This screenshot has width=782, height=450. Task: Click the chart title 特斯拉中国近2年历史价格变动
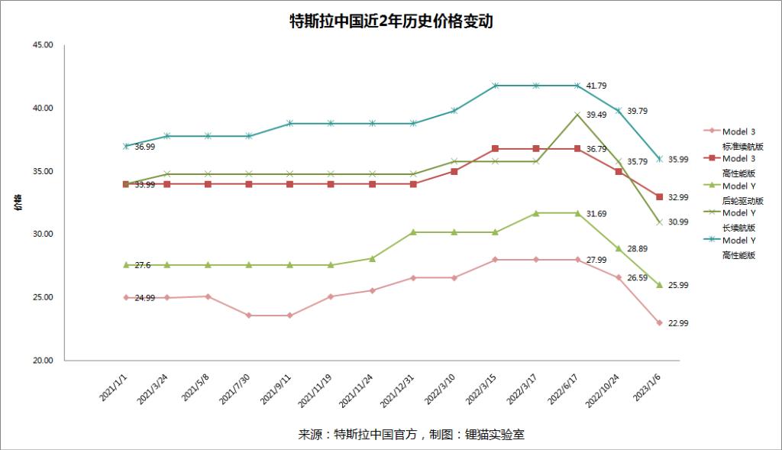391,21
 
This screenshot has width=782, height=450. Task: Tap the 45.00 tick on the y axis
43,45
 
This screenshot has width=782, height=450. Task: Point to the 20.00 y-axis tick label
43,361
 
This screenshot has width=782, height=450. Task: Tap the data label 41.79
596,86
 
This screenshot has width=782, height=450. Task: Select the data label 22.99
679,323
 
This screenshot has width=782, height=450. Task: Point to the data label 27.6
143,265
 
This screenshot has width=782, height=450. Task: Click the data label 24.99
145,298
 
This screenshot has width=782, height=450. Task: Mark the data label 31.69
596,214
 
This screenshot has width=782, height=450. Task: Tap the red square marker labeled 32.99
659,197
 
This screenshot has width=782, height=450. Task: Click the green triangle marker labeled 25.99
659,285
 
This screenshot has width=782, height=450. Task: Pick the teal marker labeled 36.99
125,146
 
